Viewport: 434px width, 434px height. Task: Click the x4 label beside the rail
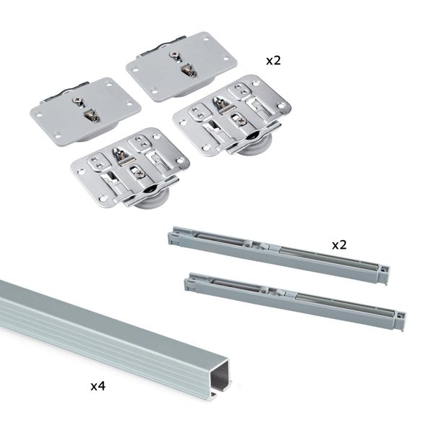(x=98, y=386)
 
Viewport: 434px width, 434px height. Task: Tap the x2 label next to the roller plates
(x=273, y=60)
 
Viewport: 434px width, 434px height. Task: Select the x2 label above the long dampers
(x=339, y=244)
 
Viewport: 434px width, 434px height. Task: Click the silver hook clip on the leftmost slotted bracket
(x=121, y=154)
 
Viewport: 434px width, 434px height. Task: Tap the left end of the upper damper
(x=174, y=236)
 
